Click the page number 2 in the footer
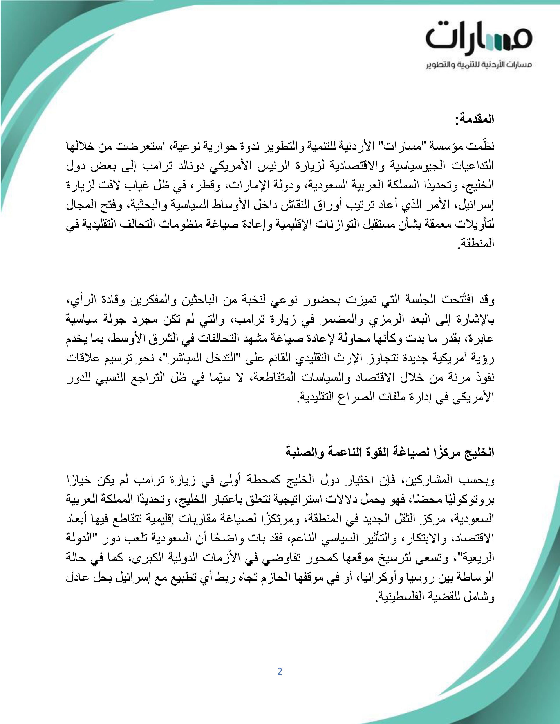point(280,672)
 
